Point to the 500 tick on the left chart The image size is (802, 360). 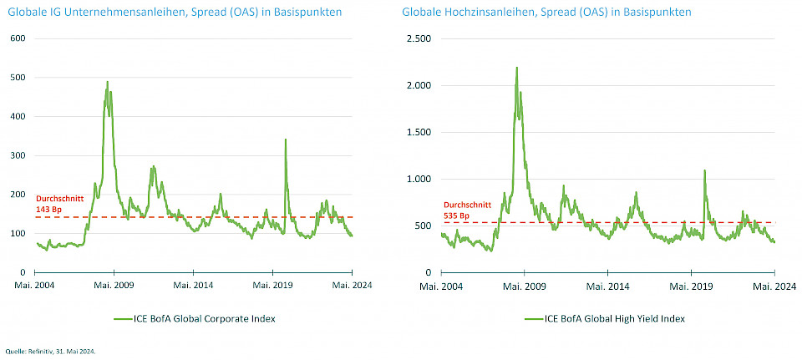(18, 78)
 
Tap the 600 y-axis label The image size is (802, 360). (18, 38)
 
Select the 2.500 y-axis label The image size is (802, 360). (419, 38)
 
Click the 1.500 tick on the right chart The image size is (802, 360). (419, 132)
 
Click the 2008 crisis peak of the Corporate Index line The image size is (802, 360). (108, 82)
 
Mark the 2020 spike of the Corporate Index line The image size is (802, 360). (286, 139)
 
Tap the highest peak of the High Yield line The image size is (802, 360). (517, 68)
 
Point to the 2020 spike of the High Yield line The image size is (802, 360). (704, 170)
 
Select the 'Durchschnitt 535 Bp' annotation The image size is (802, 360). (460, 208)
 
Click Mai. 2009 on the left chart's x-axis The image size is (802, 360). (114, 285)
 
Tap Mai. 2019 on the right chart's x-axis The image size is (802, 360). (691, 285)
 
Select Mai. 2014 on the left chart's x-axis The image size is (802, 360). (194, 285)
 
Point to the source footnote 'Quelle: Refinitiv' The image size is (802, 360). (50, 352)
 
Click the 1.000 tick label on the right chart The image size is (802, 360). (419, 179)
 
